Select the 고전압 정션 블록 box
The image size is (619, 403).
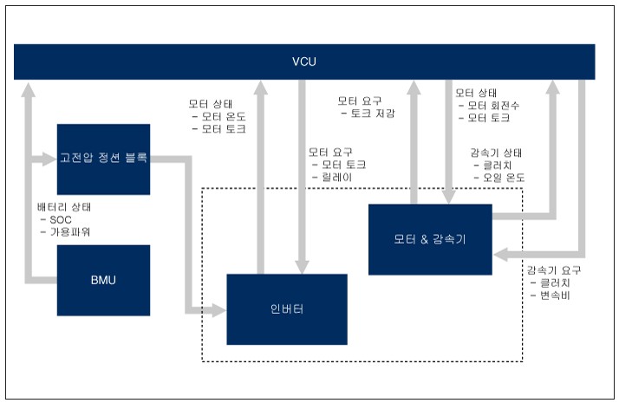[103, 159]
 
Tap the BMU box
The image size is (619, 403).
[103, 280]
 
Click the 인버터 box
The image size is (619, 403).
[286, 309]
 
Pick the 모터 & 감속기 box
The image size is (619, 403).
[429, 239]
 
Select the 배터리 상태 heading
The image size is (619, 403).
[64, 207]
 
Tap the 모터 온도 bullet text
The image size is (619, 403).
[224, 116]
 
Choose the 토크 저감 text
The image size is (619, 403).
[373, 114]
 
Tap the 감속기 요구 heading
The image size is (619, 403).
[553, 270]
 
